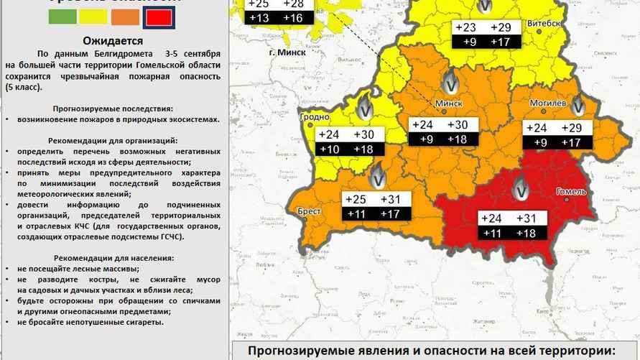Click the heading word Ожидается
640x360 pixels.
point(112,41)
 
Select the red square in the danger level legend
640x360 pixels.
point(158,17)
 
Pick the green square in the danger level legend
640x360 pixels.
point(62,17)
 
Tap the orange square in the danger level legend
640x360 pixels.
point(126,17)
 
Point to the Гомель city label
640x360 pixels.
point(572,192)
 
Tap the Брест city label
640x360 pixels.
point(310,212)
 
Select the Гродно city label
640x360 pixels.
point(315,116)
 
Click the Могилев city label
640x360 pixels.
point(548,103)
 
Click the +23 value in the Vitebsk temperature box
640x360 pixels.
point(465,27)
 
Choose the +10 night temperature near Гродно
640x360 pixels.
point(329,149)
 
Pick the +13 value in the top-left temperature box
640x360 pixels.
point(259,17)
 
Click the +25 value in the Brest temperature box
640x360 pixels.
point(357,199)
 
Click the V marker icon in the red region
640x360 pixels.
point(520,191)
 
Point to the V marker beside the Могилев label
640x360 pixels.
point(578,106)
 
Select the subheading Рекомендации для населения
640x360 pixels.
point(112,257)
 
